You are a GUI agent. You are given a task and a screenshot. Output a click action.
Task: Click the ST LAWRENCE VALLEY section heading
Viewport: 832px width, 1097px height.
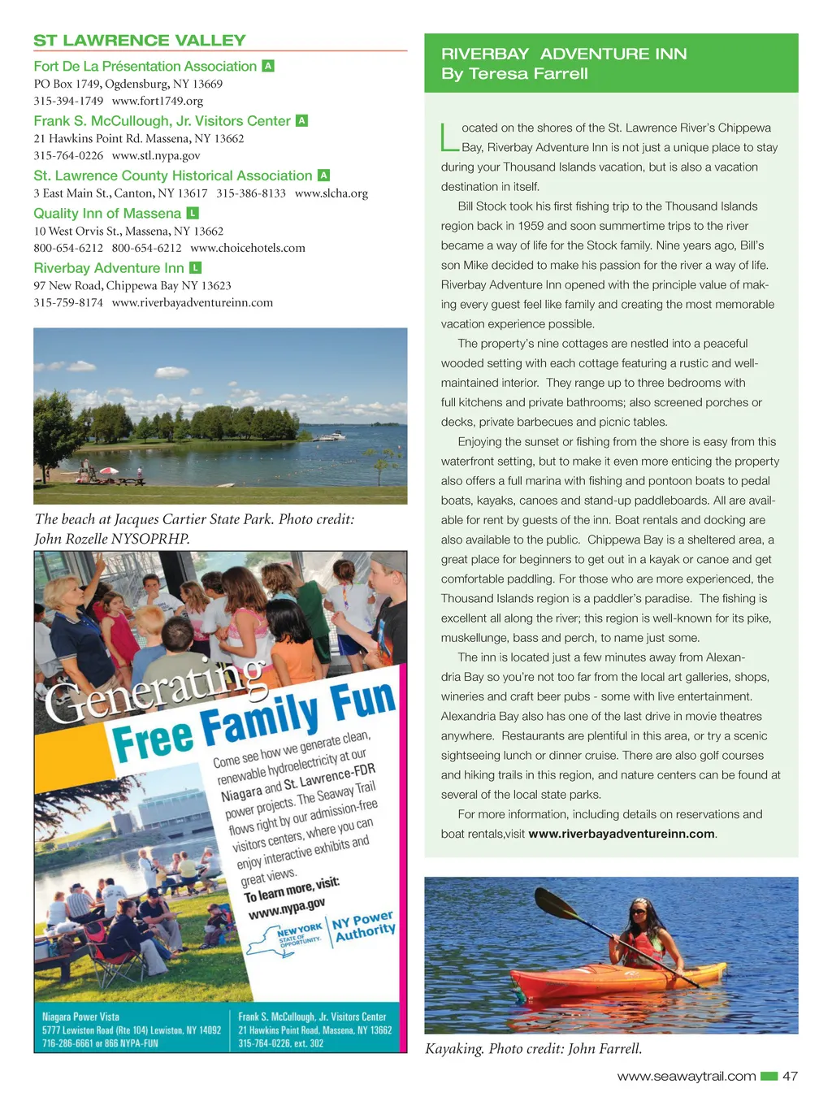tap(139, 40)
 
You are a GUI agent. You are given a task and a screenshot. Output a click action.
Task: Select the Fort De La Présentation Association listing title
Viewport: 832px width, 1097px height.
tap(145, 66)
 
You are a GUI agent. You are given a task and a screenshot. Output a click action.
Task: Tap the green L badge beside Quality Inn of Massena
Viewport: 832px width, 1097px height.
tap(193, 213)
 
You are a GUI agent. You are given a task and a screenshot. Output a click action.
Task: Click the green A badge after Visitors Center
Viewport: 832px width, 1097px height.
tap(301, 120)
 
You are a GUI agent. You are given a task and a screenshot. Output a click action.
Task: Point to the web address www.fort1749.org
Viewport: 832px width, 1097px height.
tap(157, 101)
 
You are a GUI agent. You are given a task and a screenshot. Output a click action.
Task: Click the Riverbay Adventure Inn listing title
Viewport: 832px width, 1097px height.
tap(109, 267)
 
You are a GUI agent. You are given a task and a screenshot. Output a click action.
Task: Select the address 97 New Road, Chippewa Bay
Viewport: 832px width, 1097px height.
tap(132, 285)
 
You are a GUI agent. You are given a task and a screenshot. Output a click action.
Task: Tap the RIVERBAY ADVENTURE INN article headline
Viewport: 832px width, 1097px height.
tap(564, 54)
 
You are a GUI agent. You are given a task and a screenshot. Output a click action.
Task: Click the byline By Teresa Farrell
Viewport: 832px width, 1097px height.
tap(514, 73)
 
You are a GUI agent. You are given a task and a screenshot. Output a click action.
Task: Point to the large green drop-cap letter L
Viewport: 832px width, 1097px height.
tap(449, 137)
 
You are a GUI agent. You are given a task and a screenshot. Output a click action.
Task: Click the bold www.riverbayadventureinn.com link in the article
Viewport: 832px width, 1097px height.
tap(622, 834)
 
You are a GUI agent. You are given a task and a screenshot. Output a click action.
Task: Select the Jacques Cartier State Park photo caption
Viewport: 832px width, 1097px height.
tap(194, 528)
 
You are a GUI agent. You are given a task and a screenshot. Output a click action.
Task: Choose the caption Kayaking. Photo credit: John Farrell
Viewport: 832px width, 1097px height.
tap(534, 1048)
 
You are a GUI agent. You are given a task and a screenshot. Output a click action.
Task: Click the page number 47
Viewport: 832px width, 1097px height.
tap(790, 1076)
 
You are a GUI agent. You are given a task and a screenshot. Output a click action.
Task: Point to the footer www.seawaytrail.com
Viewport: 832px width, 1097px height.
tap(687, 1076)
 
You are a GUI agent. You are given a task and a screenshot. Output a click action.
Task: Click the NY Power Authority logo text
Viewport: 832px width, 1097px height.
tap(364, 926)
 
